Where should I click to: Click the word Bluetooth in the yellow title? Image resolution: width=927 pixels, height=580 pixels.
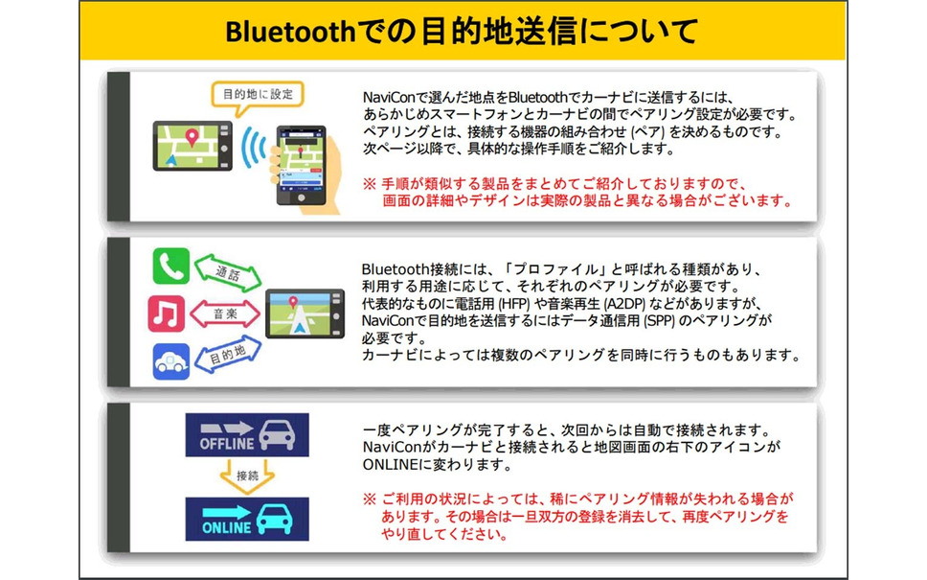click(289, 32)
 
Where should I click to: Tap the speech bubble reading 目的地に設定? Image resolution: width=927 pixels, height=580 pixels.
click(258, 95)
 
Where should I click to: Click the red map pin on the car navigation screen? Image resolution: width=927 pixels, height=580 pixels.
click(192, 138)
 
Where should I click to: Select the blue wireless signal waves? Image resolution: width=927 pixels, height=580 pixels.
click(254, 147)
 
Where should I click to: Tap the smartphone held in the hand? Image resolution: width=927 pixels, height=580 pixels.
click(301, 165)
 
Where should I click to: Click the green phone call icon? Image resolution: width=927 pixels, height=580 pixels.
click(170, 267)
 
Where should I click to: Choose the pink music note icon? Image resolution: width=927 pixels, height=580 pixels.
click(166, 313)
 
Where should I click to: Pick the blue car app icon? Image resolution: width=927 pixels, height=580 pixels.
click(170, 361)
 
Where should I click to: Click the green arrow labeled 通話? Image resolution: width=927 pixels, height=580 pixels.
click(228, 273)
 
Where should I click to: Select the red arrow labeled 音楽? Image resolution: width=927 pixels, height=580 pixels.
click(225, 313)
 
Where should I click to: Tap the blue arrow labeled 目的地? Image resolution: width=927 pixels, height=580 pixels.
click(228, 355)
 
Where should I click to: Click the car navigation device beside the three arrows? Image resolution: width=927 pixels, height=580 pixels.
click(305, 313)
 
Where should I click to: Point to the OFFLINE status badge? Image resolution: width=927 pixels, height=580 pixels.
click(247, 435)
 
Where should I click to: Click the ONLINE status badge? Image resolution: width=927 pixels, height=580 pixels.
click(247, 519)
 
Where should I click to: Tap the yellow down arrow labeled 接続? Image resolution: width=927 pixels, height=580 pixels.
click(247, 476)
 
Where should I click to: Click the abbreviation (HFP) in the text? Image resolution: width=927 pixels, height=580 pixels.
click(514, 304)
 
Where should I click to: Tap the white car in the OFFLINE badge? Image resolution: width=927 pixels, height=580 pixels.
click(277, 435)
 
